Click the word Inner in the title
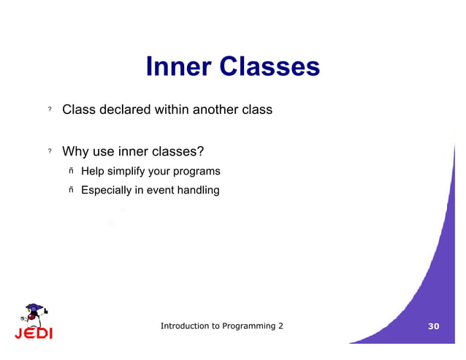click(179, 66)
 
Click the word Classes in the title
click(270, 66)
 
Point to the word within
click(172, 110)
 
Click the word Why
click(75, 152)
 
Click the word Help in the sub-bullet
click(93, 171)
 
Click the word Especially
click(107, 190)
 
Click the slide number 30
click(434, 326)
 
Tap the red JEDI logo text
click(34, 333)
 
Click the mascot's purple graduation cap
click(34, 307)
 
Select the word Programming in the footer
click(249, 326)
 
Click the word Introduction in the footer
click(185, 326)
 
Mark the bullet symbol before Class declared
click(50, 109)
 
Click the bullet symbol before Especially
click(71, 190)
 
